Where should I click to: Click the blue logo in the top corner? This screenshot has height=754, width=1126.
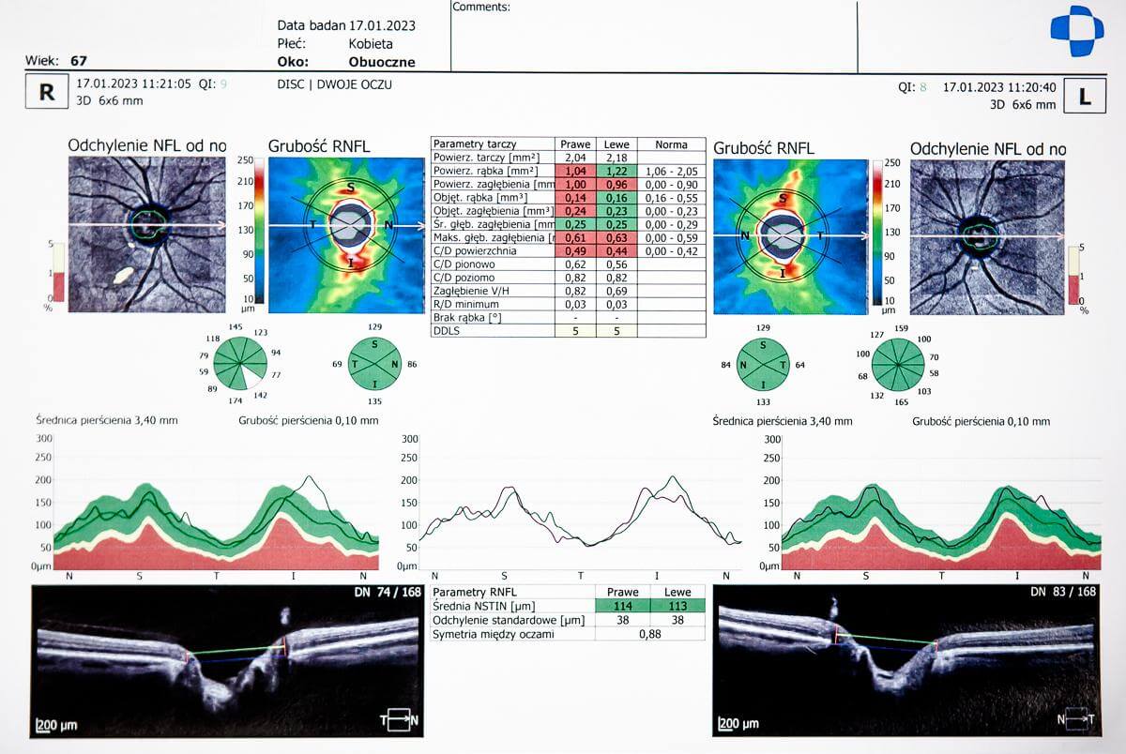click(1076, 31)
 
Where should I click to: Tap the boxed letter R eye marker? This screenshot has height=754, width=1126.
click(47, 93)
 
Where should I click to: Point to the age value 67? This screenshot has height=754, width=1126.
click(79, 61)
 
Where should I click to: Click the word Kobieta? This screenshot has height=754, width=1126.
click(371, 43)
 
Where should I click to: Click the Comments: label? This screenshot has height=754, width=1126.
click(481, 7)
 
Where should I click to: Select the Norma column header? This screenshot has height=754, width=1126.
click(671, 144)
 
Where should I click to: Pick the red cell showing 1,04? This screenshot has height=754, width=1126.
click(575, 172)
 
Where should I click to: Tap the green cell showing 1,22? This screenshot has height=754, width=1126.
click(616, 172)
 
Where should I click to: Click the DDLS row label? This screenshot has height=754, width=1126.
click(446, 331)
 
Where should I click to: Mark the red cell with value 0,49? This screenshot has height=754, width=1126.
click(575, 251)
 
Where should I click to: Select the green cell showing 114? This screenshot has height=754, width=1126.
click(623, 606)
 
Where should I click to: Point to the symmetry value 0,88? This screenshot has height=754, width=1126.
click(649, 634)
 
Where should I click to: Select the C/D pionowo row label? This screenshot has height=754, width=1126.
click(464, 264)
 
